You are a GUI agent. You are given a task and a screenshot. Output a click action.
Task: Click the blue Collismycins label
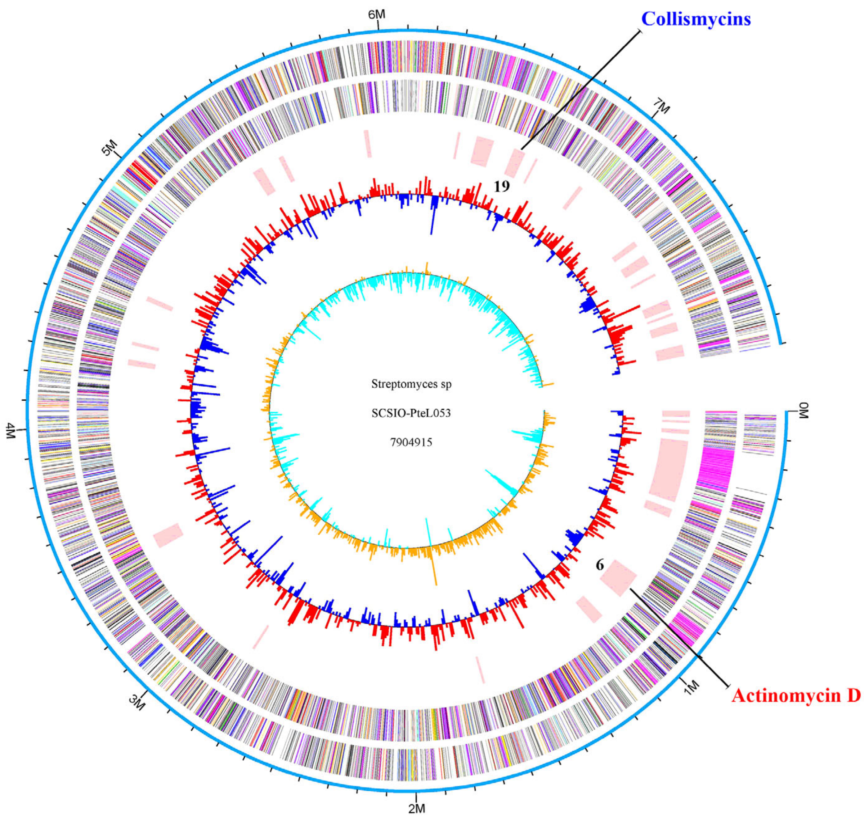[696, 19]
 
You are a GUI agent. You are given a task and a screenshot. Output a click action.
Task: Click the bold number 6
[599, 566]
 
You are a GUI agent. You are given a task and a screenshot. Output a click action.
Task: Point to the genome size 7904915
[411, 442]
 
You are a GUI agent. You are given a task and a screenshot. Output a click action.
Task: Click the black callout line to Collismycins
[583, 88]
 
